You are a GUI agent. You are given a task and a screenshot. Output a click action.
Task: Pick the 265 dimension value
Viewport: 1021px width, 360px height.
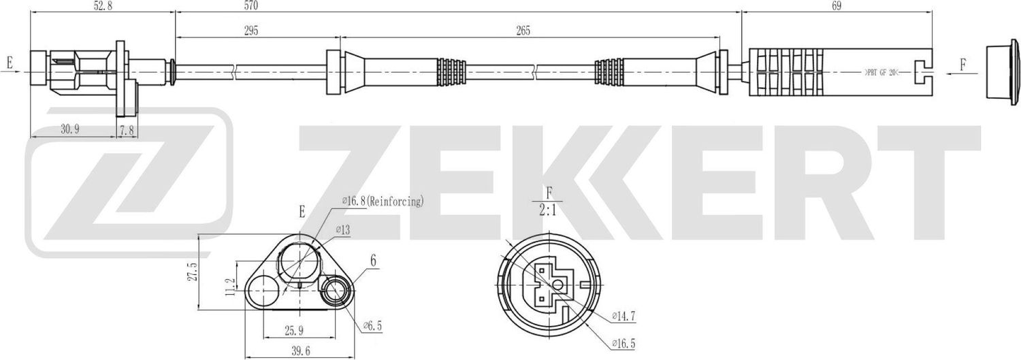tap(523, 31)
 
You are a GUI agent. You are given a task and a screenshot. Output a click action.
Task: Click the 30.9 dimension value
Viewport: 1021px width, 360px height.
tap(71, 130)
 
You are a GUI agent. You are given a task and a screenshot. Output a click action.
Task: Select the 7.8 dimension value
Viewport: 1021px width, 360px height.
tap(126, 130)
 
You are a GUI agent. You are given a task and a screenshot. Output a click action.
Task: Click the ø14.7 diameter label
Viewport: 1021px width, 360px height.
tap(623, 316)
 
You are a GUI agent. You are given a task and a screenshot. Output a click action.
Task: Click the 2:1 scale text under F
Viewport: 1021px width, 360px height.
tap(549, 212)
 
